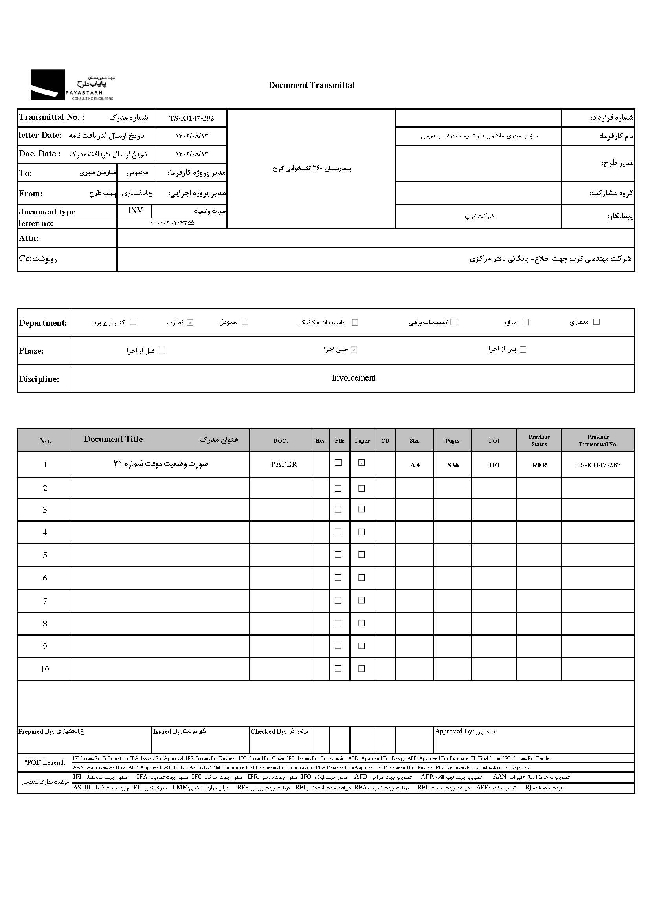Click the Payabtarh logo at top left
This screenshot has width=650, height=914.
[72, 84]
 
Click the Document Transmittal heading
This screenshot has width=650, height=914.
[311, 85]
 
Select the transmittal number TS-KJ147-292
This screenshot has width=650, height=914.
[191, 118]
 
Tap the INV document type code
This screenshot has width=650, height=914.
[135, 211]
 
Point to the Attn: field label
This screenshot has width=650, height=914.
[29, 238]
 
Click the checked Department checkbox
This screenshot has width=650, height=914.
[191, 322]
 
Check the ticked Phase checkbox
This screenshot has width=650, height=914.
[354, 350]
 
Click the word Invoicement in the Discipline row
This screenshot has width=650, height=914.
[353, 378]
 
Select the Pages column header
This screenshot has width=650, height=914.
[452, 441]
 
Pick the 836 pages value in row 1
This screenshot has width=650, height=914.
[453, 465]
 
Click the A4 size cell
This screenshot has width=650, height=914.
[415, 465]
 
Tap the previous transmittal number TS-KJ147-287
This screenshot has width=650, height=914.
[598, 465]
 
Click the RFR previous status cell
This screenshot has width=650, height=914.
[539, 465]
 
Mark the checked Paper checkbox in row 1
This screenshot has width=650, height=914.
[362, 463]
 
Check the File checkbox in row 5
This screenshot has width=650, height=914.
[338, 555]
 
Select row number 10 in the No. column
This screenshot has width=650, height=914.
[45, 669]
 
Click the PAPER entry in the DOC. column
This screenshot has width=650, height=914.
[284, 464]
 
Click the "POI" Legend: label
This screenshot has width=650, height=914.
[45, 762]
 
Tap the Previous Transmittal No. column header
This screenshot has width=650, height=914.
[598, 440]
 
